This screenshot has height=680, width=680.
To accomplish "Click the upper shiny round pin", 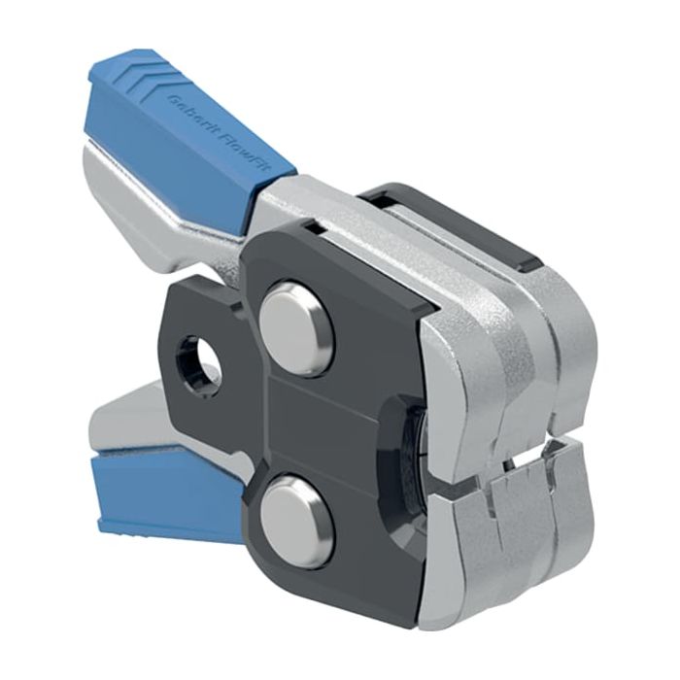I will point(296,327).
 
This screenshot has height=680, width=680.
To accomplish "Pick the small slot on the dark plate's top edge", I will point(313,226).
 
